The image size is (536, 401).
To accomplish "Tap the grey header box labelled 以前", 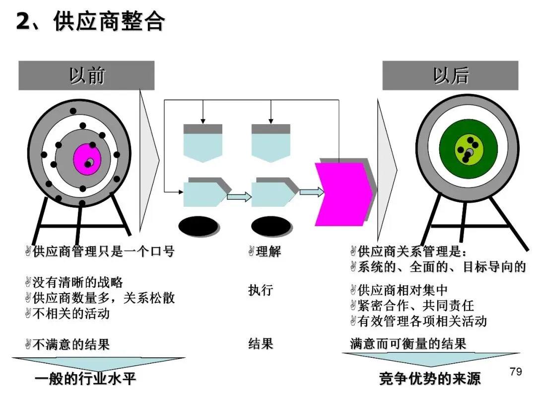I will tap(86, 76).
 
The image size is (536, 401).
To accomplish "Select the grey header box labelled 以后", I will tap(450, 76).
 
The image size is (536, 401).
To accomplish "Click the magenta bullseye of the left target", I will tap(87, 159).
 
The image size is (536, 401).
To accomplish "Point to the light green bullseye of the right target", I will tap(468, 150).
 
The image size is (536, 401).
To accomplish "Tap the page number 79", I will tap(516, 372).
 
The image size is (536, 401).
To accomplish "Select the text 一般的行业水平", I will tap(85, 380).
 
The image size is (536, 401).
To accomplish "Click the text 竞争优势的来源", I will tap(430, 379).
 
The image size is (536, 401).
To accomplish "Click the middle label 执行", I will tap(261, 290).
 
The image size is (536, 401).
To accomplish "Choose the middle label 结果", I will tap(261, 343).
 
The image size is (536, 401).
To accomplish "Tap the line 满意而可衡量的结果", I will tap(408, 343).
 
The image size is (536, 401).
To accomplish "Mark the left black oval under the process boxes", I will tap(198, 226).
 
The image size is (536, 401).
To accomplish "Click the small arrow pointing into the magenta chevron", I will tap(309, 192).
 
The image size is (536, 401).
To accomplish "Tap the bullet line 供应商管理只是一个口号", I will tap(103, 252).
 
